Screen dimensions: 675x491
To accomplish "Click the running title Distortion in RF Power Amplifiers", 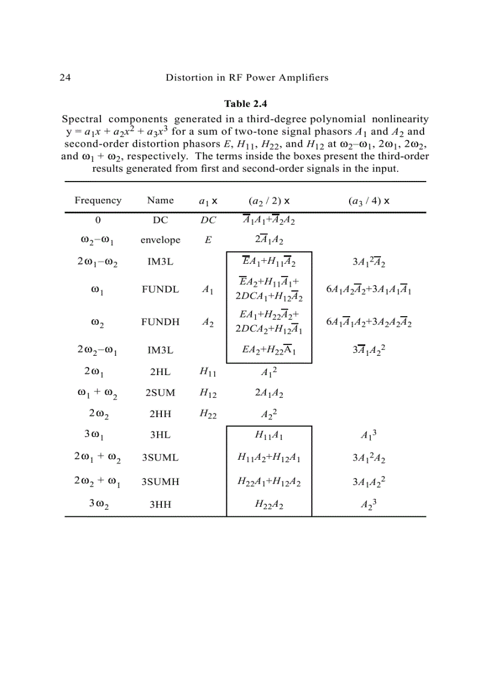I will [x=247, y=78].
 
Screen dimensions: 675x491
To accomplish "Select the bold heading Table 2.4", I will [x=245, y=104].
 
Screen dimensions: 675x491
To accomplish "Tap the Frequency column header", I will [x=97, y=201].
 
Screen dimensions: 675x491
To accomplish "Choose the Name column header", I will [x=160, y=201].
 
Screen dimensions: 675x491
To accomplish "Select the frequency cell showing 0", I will [x=97, y=221].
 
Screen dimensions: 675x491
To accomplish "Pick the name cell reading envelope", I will [x=160, y=240].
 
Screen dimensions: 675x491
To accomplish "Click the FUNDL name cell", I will [x=160, y=289].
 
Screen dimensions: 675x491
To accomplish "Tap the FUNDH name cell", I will [x=160, y=322].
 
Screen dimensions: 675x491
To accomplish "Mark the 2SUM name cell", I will [x=160, y=393].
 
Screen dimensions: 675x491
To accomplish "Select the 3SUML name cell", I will [x=160, y=458].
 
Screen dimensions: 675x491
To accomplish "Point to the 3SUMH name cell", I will [x=160, y=482].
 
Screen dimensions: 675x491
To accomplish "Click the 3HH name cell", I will [x=160, y=505].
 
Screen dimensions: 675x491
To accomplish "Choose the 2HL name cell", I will [x=160, y=371].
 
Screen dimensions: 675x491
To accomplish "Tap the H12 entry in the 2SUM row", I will [x=208, y=393].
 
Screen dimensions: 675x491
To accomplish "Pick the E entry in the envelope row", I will [x=208, y=240].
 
